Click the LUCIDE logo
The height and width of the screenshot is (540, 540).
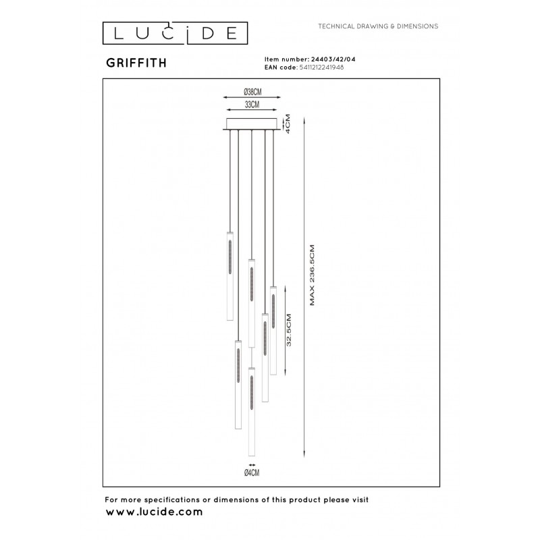175,33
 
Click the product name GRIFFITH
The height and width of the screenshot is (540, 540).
136,63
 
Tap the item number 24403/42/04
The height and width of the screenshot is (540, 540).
333,59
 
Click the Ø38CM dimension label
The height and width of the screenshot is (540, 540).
252,92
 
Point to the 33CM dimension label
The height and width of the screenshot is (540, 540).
252,105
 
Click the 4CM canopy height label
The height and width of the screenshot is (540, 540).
288,124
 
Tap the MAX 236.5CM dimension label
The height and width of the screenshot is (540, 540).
312,275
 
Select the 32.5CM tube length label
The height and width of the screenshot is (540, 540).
289,330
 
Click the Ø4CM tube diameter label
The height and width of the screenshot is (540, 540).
252,473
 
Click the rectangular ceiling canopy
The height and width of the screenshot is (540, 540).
252,124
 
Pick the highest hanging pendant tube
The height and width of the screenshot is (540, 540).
230,276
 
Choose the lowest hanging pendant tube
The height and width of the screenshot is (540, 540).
252,412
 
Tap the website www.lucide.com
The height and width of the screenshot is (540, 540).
154,512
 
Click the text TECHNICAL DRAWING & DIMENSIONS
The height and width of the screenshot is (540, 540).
378,26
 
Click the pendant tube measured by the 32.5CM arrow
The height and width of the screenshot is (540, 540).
273,331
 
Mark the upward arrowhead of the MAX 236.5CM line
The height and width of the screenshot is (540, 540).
304,120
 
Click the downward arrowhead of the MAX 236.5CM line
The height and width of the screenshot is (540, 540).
304,454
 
